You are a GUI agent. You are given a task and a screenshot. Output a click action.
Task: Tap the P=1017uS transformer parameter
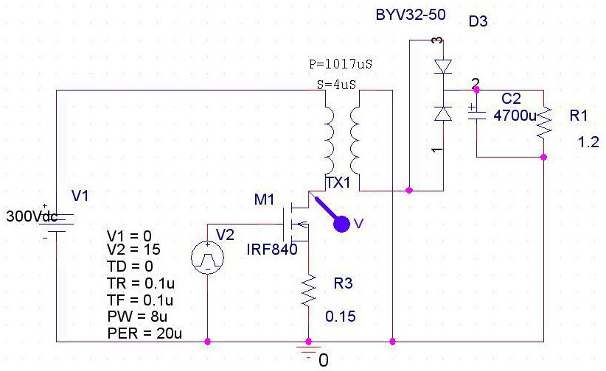coord(341,65)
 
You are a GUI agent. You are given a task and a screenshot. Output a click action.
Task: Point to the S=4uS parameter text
coord(336,85)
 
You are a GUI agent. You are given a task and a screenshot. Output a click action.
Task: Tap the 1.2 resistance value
coord(589,143)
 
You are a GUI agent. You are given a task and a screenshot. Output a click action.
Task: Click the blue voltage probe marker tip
coord(341,223)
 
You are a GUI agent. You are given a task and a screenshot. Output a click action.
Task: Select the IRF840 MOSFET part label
coord(272,250)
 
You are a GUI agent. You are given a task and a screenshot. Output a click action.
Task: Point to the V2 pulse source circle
coord(207,258)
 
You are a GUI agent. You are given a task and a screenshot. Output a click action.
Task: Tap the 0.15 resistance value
coord(341,317)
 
